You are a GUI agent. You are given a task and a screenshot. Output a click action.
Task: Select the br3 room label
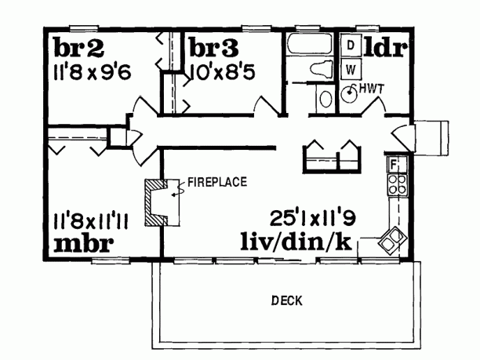pyautogui.click(x=212, y=48)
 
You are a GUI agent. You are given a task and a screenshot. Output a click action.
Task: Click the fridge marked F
pyautogui.click(x=395, y=165)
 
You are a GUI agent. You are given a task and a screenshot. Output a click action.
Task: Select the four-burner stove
pyautogui.click(x=396, y=185)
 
